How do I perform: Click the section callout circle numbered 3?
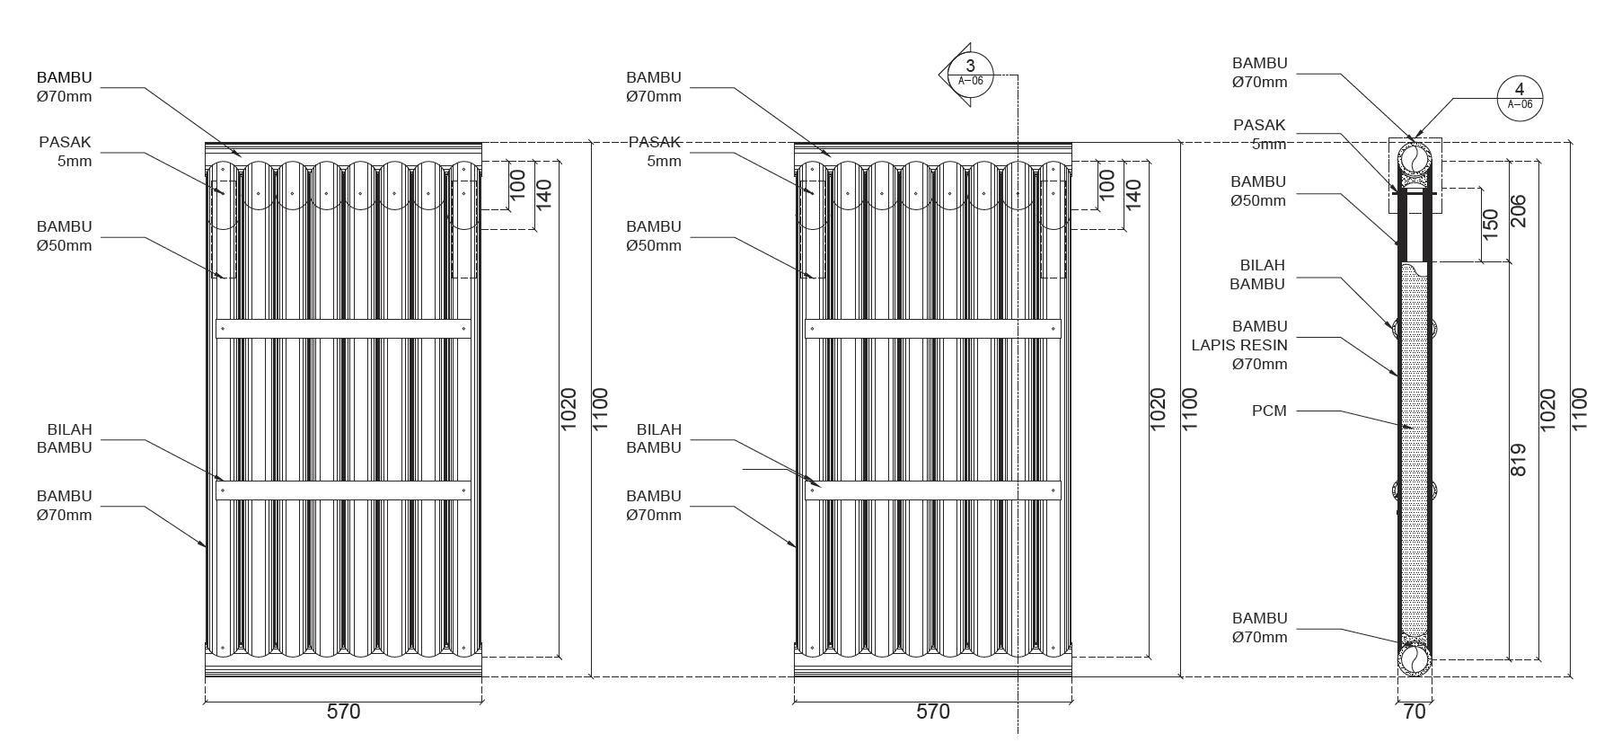(970, 70)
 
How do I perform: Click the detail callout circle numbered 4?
(1520, 94)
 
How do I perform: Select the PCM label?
(1269, 411)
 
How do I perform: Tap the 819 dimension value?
(1519, 460)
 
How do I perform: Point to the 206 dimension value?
(1519, 211)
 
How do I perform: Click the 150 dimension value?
(1491, 225)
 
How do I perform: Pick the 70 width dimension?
(1414, 711)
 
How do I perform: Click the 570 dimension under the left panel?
(343, 711)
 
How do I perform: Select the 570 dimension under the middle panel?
(932, 711)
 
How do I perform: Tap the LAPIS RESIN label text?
(1239, 345)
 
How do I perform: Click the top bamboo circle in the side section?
(1414, 160)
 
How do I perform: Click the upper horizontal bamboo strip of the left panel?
(343, 329)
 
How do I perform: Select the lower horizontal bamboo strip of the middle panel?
(932, 490)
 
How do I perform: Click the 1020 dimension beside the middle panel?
(1158, 409)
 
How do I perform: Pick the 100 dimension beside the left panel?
(517, 184)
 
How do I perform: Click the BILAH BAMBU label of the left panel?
(65, 438)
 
